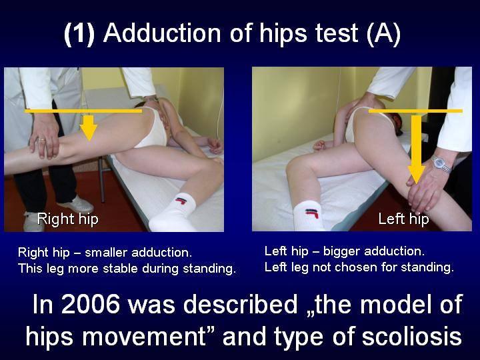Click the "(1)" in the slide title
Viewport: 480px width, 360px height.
point(79,33)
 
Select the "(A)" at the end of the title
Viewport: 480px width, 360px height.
point(383,33)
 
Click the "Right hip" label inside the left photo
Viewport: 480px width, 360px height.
point(67,219)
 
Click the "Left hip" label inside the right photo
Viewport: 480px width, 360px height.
point(403,219)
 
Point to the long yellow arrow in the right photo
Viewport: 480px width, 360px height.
point(416,149)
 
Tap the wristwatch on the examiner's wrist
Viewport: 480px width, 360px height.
point(442,163)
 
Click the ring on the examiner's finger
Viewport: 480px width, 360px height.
point(41,139)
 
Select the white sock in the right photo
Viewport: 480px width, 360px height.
point(308,215)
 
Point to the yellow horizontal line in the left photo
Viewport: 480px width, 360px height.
point(83,111)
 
